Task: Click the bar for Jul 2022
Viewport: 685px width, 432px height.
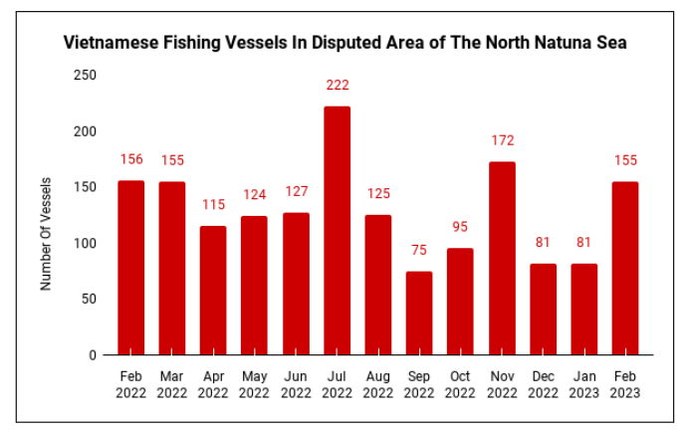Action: pyautogui.click(x=337, y=230)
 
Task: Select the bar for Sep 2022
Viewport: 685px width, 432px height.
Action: pyautogui.click(x=419, y=313)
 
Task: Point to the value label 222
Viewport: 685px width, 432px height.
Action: pyautogui.click(x=337, y=86)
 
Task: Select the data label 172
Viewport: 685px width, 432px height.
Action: pyautogui.click(x=502, y=140)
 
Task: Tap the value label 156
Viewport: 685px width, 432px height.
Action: pyautogui.click(x=131, y=159)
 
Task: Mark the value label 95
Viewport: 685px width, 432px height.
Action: pyautogui.click(x=460, y=228)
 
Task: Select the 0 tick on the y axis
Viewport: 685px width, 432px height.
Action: pyautogui.click(x=94, y=355)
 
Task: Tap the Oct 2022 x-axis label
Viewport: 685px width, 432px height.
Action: pyautogui.click(x=460, y=384)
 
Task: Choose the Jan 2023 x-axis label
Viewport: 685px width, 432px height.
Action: pyautogui.click(x=583, y=384)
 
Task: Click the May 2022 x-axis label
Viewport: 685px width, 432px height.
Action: pyautogui.click(x=254, y=384)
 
